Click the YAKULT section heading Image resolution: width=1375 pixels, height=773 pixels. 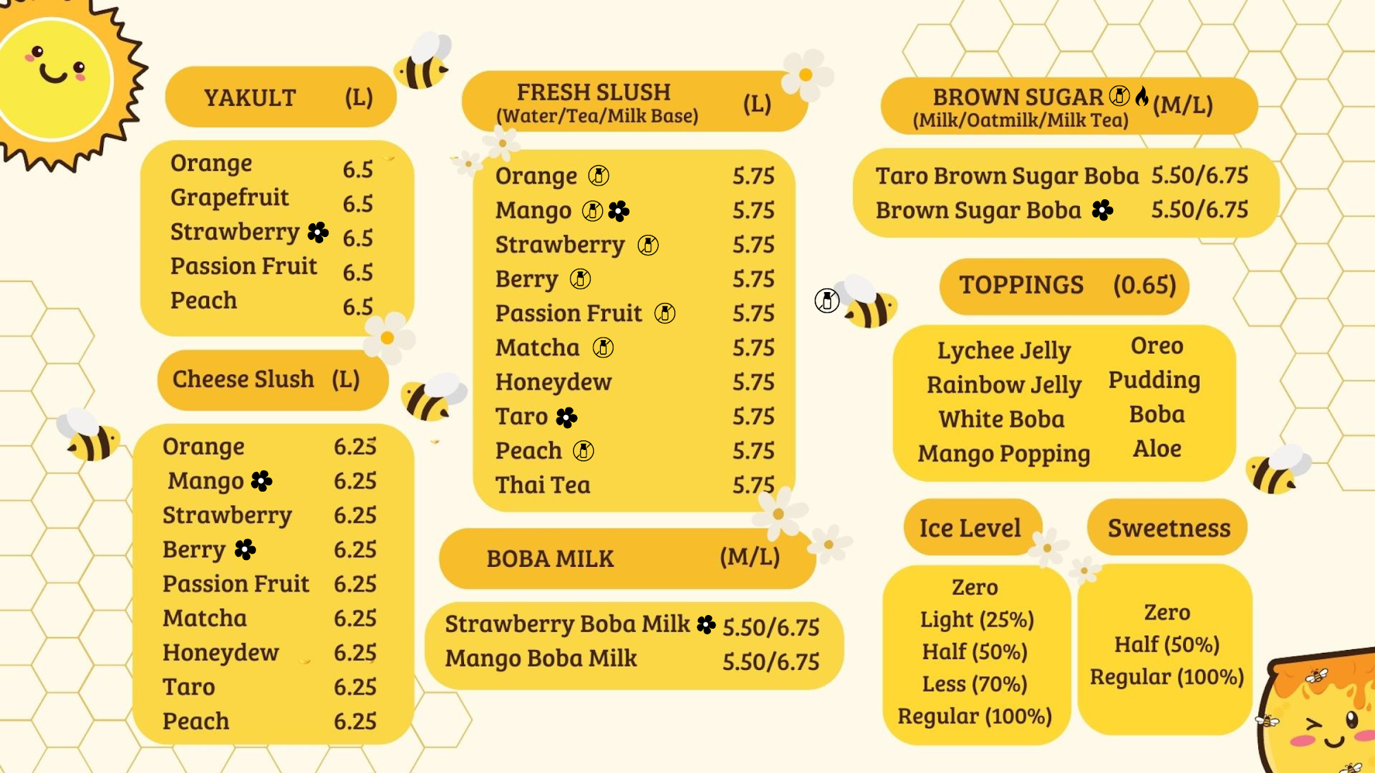[250, 98]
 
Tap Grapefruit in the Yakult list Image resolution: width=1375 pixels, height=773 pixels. [230, 197]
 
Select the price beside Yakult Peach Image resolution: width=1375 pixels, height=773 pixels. [357, 306]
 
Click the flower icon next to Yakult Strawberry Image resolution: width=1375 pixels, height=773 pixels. [318, 232]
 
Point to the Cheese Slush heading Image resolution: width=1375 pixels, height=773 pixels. [243, 379]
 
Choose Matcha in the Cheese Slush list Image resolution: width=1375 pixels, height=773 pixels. [204, 618]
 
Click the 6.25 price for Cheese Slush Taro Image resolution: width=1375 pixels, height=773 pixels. [355, 687]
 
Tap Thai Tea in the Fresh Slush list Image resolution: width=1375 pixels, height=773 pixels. [542, 485]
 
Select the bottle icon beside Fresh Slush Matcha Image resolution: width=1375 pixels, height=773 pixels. [603, 348]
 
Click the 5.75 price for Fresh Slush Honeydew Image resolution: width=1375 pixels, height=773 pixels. [753, 382]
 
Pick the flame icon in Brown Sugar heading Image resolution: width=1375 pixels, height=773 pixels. [1141, 96]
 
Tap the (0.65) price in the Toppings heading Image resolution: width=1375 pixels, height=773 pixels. [1145, 284]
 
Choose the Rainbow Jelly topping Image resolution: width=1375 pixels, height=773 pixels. [1004, 385]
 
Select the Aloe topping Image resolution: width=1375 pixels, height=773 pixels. [1157, 449]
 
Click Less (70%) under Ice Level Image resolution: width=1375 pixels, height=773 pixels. [974, 684]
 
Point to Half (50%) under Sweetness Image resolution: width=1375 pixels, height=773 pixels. [1167, 645]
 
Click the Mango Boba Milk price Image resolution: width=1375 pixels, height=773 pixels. [771, 662]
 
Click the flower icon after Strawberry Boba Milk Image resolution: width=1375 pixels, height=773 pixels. [706, 624]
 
